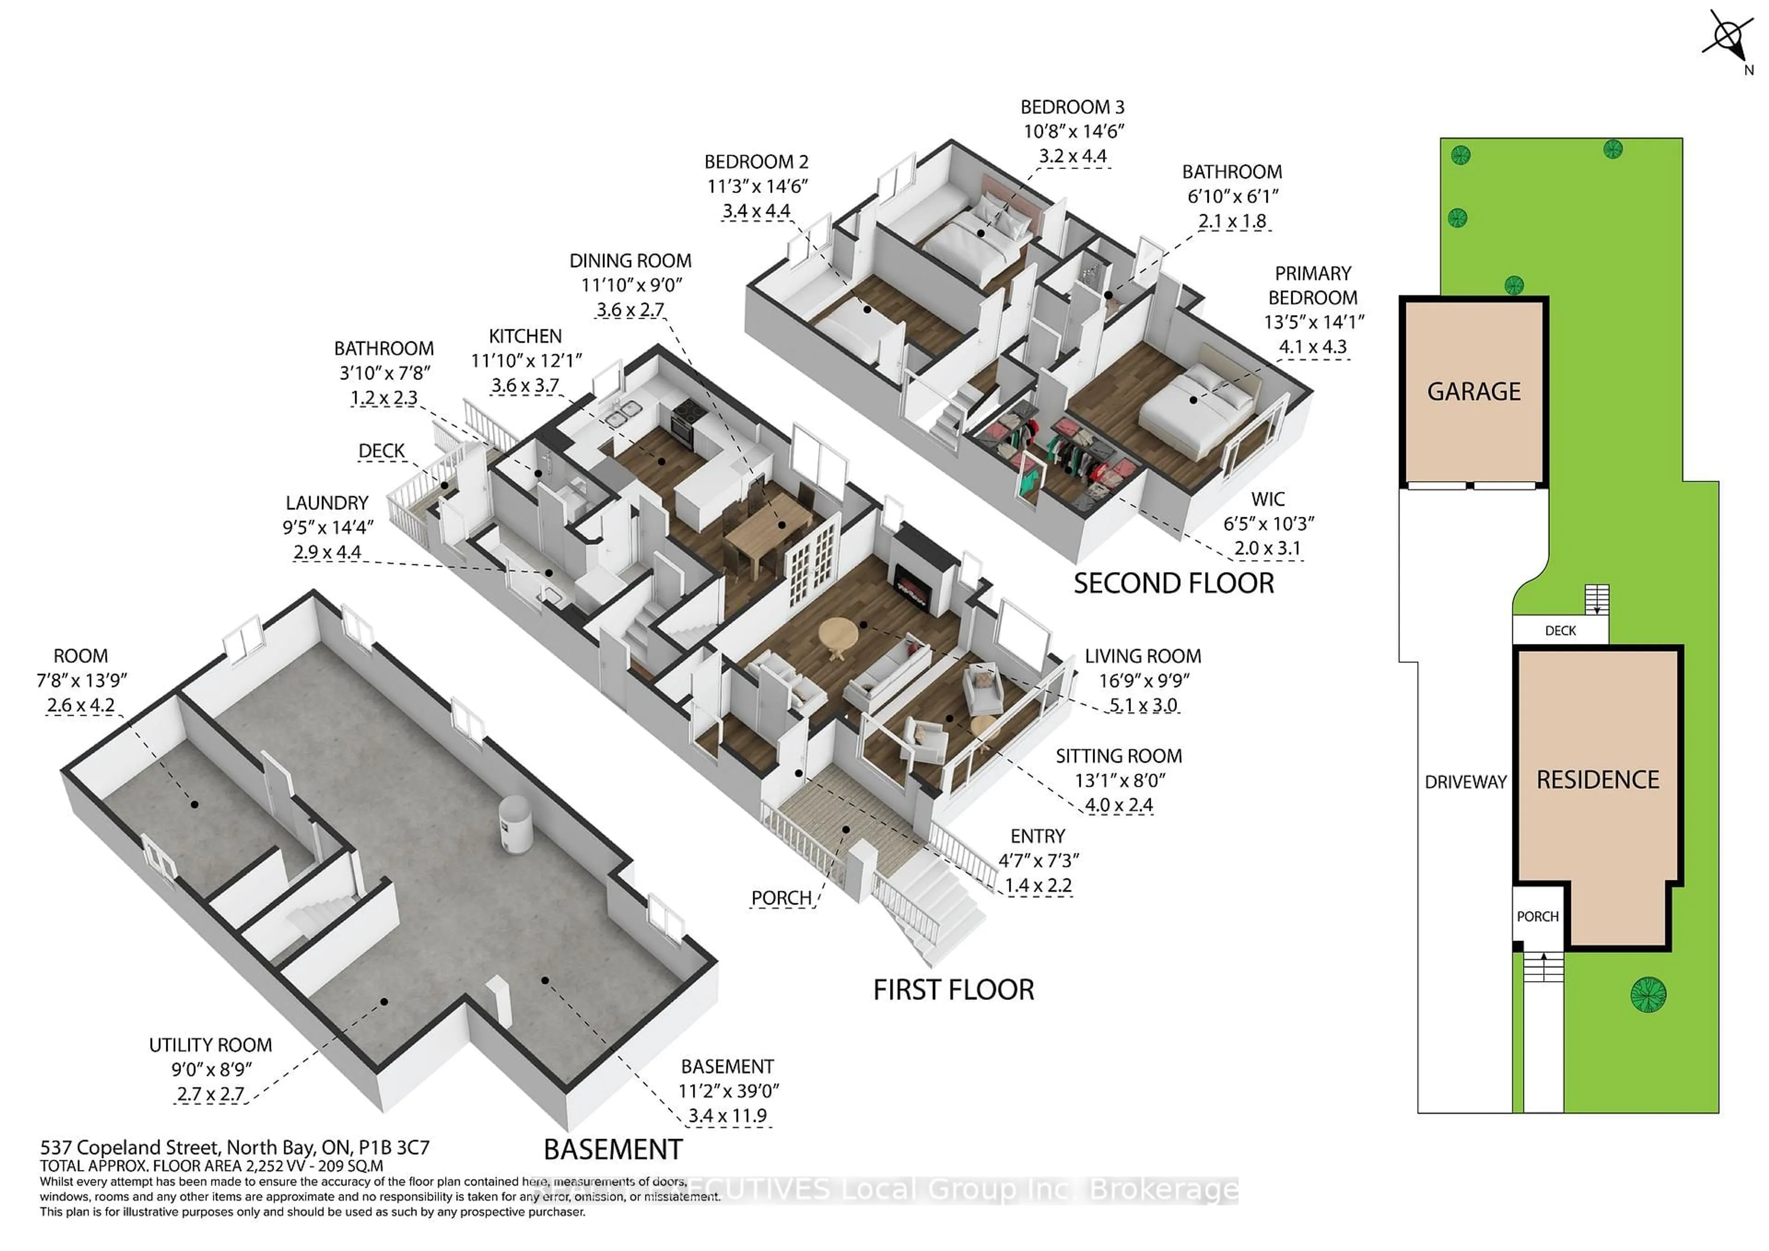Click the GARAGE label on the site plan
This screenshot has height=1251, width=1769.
(1473, 392)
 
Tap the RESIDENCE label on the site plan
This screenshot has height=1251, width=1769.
(1597, 779)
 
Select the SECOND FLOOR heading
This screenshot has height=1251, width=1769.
(1173, 583)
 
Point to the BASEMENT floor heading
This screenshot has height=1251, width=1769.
(613, 1149)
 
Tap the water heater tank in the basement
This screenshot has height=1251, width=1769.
(514, 824)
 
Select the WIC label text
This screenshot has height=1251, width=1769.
(1267, 499)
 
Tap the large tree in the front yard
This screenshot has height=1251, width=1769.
(1648, 994)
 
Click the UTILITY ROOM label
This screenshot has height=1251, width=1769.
(211, 1045)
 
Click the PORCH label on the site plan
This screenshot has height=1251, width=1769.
(1537, 917)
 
